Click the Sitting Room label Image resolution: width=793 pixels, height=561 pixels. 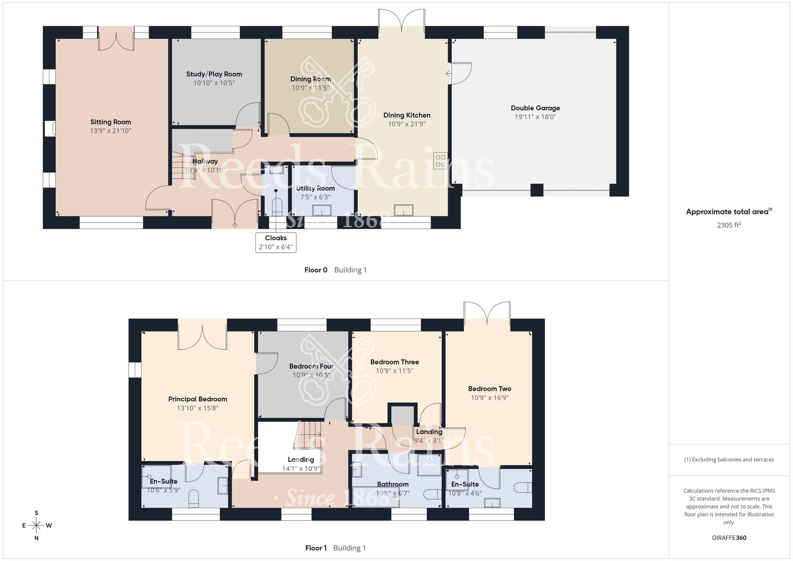[110, 122]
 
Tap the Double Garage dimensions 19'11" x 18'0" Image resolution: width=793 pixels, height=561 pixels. [535, 117]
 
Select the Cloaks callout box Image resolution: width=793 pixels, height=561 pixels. [276, 242]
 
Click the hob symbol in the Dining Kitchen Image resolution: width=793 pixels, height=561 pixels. [441, 161]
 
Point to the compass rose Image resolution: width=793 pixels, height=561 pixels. [36, 526]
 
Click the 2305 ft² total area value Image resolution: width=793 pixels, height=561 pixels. [729, 225]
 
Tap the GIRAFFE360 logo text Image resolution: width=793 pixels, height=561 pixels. [729, 538]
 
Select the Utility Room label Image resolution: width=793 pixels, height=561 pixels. [315, 188]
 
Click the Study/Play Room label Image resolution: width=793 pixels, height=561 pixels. [214, 74]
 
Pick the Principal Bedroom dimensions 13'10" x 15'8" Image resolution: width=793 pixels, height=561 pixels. [197, 408]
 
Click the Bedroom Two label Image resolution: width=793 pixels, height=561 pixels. [489, 389]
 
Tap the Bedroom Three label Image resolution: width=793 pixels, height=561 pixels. [395, 362]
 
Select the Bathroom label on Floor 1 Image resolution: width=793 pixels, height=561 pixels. [393, 484]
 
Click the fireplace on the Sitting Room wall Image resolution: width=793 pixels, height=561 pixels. [50, 129]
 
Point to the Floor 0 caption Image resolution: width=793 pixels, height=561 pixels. [316, 270]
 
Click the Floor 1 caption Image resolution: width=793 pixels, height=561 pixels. [316, 548]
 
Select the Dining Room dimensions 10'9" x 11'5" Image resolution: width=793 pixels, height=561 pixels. [310, 88]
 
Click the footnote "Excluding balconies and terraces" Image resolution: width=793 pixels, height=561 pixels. [729, 459]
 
